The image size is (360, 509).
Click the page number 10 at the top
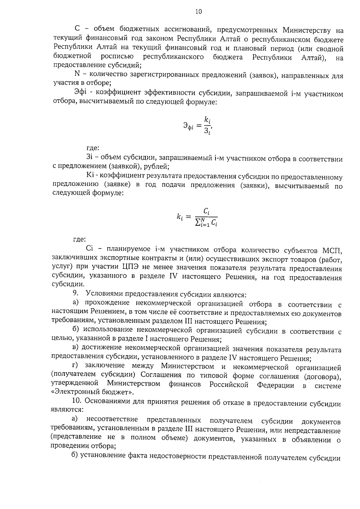click(x=198, y=12)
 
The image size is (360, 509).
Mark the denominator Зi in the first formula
click(x=207, y=131)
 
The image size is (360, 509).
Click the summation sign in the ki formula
click(x=198, y=223)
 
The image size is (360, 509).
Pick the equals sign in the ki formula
click(x=188, y=217)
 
